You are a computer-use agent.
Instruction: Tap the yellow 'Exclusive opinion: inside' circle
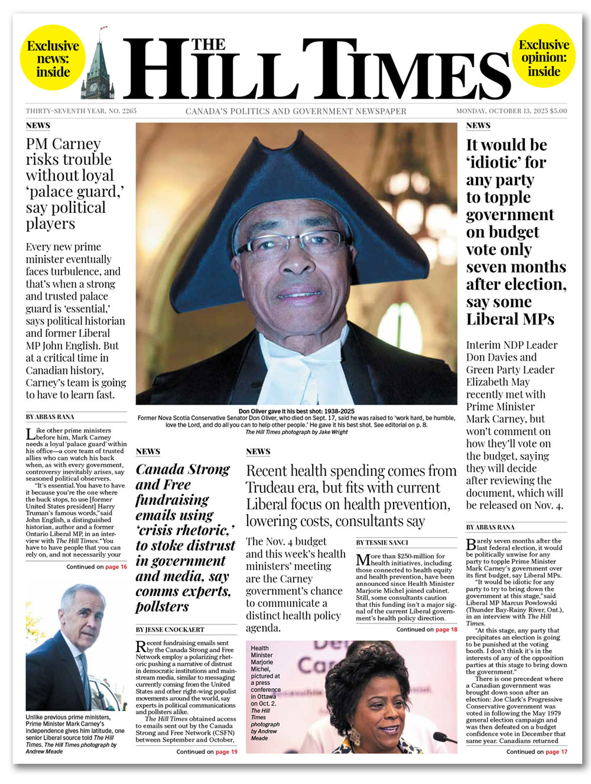coord(544,58)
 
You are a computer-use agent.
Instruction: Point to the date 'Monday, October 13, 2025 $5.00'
coord(511,111)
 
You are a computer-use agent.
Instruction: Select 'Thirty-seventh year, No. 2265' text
coord(81,111)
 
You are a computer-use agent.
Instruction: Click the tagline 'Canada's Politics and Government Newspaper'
coord(296,111)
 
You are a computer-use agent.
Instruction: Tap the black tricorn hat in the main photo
coord(295,189)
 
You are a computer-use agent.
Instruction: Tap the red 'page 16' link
coord(116,566)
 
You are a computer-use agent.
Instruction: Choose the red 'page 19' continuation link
coord(226,751)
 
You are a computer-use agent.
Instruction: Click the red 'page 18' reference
coord(446,630)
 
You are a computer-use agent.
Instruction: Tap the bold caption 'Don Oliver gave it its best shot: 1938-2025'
coord(296,411)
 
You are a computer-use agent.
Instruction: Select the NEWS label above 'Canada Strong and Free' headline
coord(148,451)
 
